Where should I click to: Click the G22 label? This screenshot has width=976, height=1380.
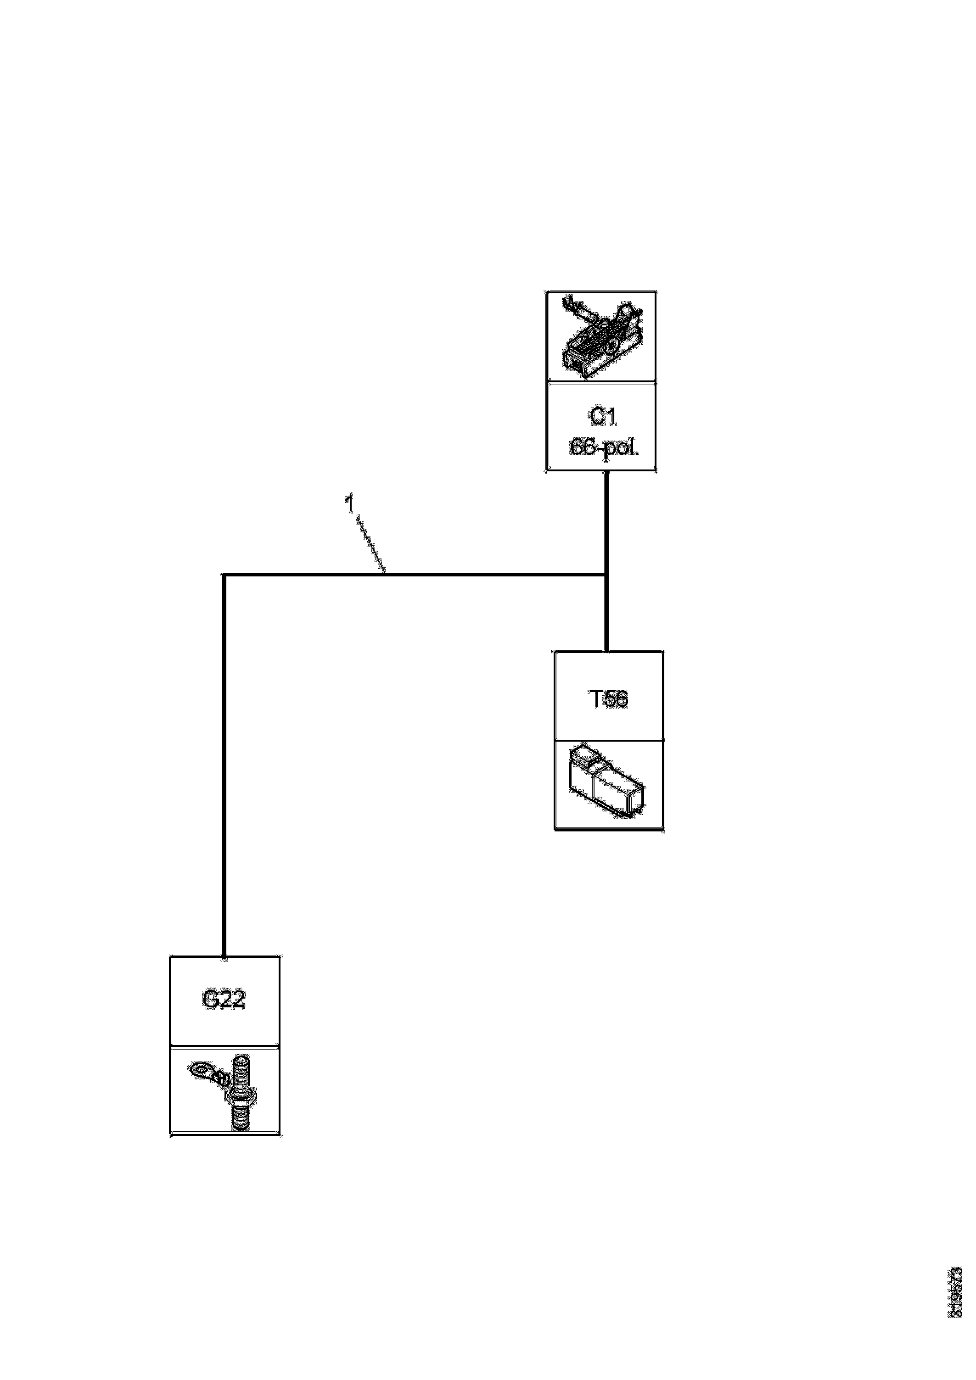pyautogui.click(x=224, y=1000)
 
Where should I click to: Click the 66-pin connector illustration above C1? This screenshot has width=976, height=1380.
pyautogui.click(x=601, y=338)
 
